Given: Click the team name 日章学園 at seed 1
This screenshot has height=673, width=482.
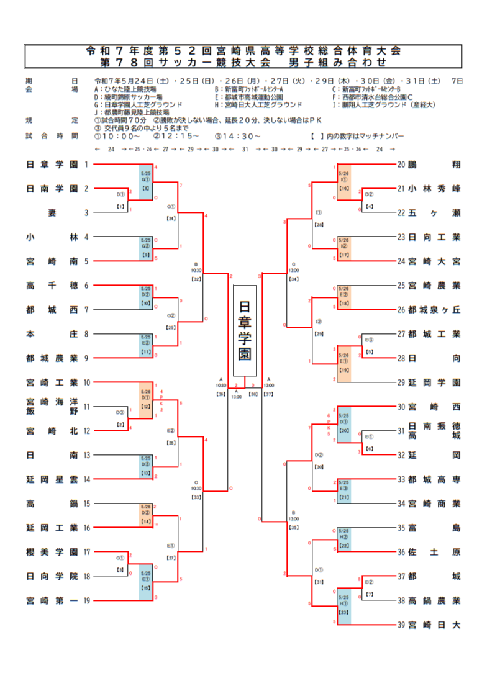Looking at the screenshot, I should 52,165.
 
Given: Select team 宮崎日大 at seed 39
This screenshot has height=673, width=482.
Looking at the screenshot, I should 434,625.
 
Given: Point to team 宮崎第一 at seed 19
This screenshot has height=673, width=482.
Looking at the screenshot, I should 52,600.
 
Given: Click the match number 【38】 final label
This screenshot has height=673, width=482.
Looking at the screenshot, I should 253,394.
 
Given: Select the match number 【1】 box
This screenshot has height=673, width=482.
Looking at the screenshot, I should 120,206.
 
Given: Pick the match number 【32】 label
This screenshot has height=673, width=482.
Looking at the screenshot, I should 196,279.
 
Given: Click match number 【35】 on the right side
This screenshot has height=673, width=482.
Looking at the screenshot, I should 294,526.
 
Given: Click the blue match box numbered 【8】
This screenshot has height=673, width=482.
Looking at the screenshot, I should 146,182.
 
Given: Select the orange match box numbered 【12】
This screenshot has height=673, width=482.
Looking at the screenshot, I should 146,400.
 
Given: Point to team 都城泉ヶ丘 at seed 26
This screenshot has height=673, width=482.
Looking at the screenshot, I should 434,310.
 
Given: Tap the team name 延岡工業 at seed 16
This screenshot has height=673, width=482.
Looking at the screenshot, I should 52,528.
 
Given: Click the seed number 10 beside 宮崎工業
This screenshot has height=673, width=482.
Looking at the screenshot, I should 87,382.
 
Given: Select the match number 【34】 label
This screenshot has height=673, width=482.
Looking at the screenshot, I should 294,279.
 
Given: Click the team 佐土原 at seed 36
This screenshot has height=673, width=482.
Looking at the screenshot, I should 434,552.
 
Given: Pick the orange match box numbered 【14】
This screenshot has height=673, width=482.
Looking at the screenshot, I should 146,516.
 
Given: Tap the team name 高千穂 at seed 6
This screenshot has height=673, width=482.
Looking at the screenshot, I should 52,286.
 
